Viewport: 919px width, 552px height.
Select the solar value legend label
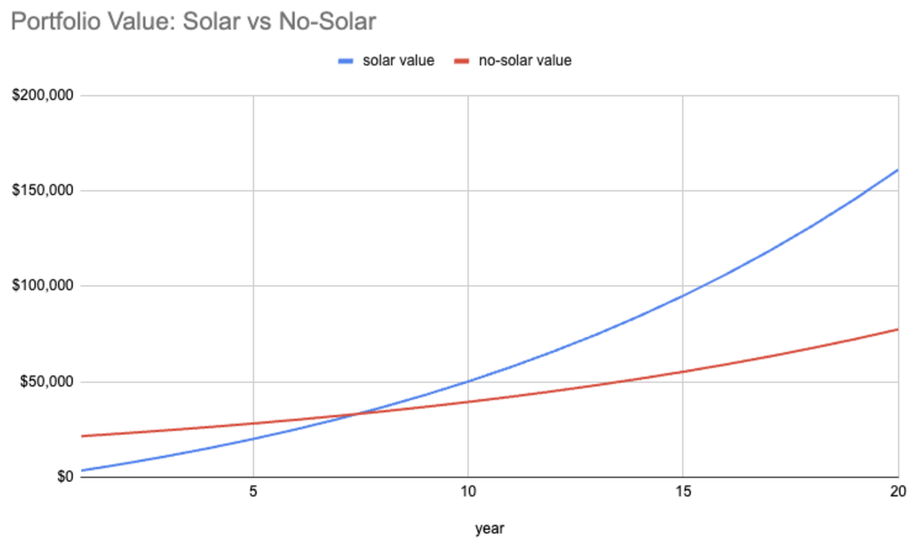coord(398,61)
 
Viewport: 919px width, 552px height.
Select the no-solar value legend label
coord(525,61)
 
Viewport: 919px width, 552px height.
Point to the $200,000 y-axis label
coord(43,95)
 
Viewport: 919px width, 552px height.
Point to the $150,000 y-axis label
coord(43,191)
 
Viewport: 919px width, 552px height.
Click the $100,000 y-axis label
coord(43,286)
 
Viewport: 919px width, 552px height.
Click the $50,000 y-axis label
coord(47,382)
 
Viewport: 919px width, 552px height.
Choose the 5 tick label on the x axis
coord(252,493)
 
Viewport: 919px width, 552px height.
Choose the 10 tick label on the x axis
coord(468,493)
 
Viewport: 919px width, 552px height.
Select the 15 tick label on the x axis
coord(683,493)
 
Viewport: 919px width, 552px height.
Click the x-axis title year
coord(490,529)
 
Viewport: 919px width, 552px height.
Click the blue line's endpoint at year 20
coord(897,170)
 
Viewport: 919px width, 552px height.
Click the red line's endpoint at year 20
coord(897,330)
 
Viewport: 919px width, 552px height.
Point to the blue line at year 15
coord(683,295)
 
